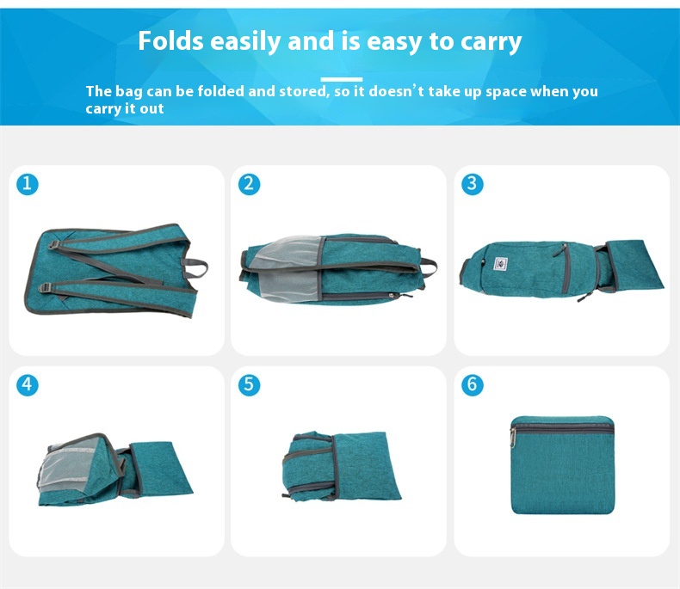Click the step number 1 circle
28,184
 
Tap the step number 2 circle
250,184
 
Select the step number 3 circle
473,184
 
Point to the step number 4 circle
28,384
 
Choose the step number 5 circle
250,384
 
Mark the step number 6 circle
473,384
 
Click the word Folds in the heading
171,40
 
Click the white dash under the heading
342,79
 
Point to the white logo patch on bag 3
501,263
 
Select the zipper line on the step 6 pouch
562,428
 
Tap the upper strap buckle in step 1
53,245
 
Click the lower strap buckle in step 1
45,287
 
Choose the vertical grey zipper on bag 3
565,268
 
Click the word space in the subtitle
506,92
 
